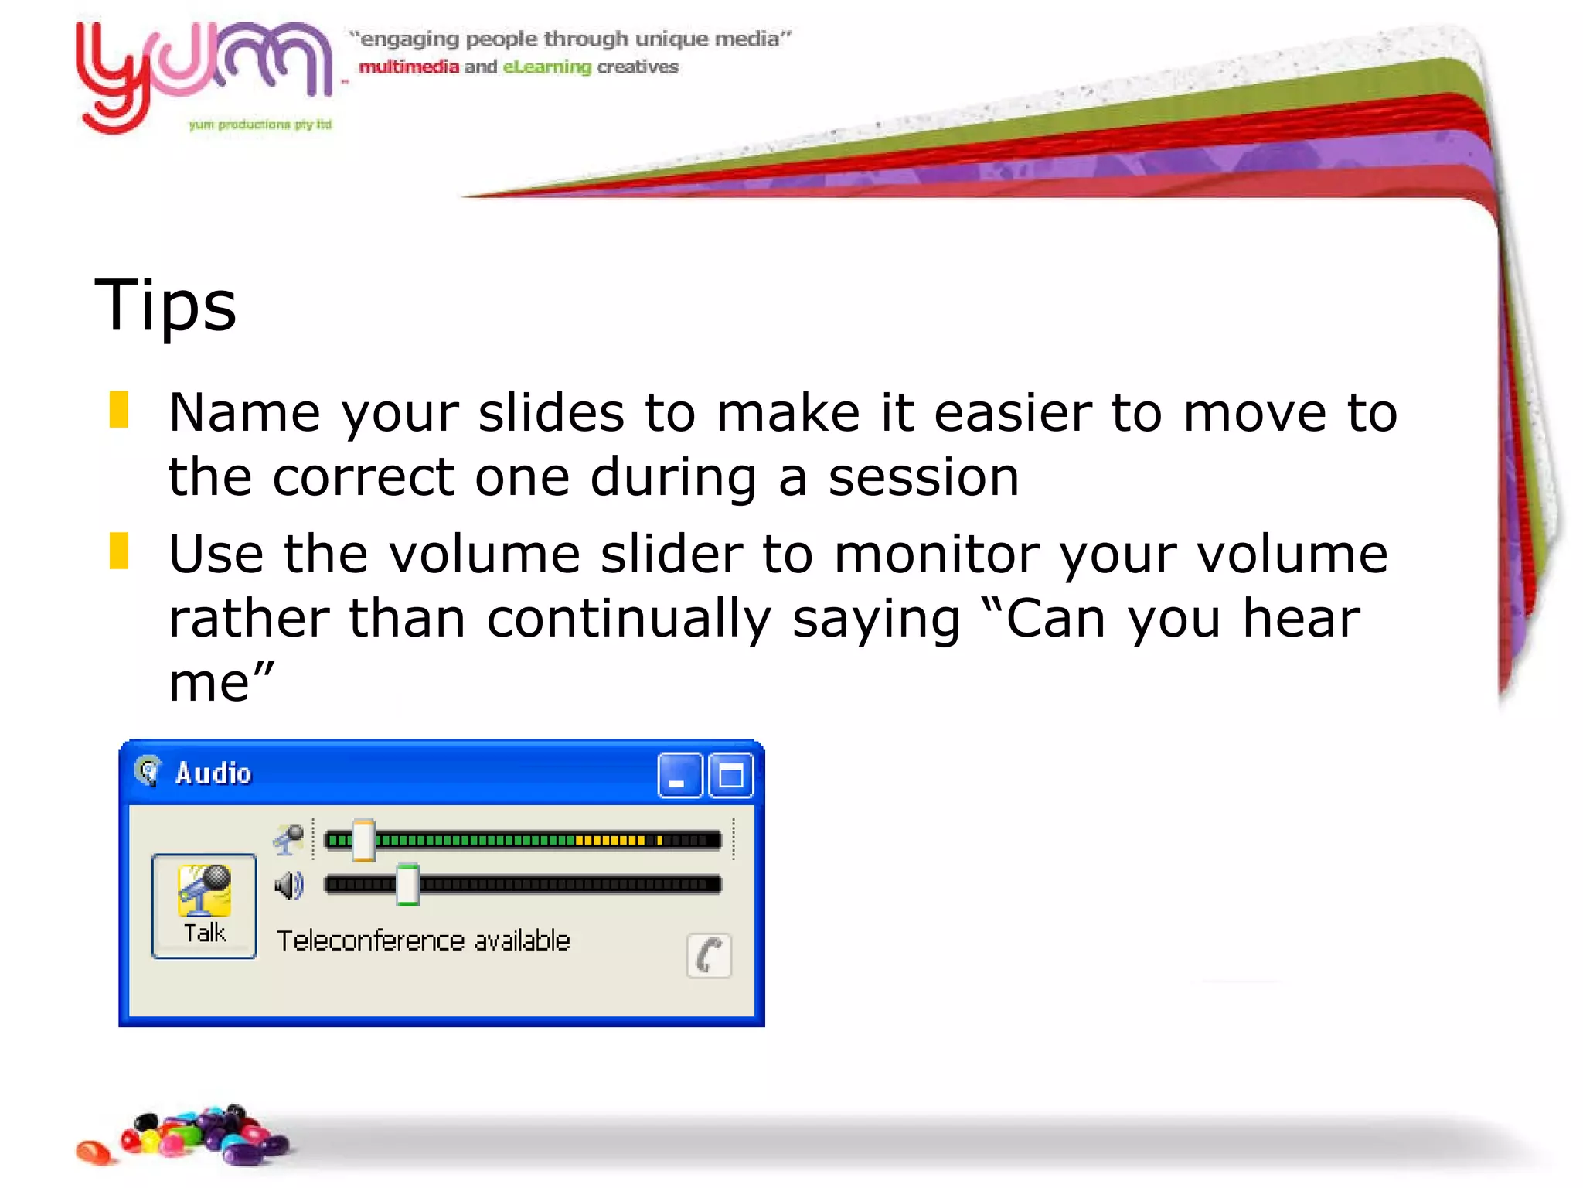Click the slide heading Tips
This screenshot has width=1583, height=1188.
pos(165,306)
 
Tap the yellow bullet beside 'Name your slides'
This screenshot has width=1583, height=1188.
pos(119,410)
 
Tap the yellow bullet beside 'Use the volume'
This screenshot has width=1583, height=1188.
pos(119,551)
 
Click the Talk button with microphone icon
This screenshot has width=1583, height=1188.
pos(204,905)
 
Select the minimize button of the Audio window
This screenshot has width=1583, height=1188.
pos(679,775)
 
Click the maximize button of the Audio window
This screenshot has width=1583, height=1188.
pos(730,775)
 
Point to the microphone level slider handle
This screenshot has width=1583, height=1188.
pos(363,841)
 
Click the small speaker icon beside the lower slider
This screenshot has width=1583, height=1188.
pos(289,885)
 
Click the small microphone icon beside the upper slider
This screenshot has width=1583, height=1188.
pos(289,840)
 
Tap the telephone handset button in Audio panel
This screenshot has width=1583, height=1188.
pos(709,956)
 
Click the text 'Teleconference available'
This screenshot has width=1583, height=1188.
pos(423,941)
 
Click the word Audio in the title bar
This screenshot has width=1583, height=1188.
pos(213,773)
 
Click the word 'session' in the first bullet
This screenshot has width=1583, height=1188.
pos(924,477)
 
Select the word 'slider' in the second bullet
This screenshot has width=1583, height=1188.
pos(672,555)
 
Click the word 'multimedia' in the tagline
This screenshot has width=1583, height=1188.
pos(409,67)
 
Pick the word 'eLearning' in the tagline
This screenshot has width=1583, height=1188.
pos(547,67)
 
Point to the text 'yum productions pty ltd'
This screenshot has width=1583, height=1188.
pos(260,125)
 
